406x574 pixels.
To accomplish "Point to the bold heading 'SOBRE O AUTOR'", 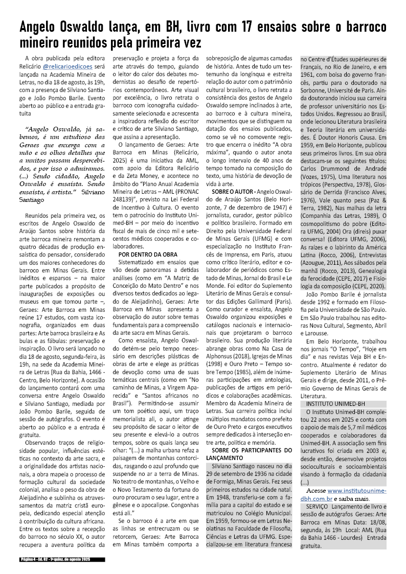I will (x=230, y=204).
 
